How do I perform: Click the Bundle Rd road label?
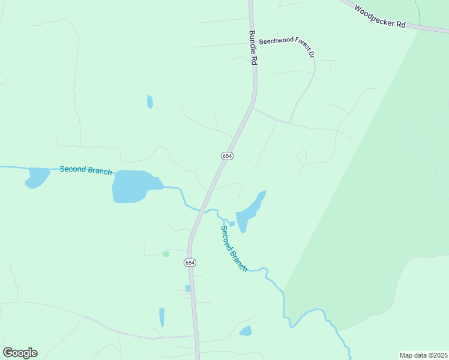click(253, 48)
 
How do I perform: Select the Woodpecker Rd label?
click(379, 17)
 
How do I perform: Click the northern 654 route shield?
click(227, 155)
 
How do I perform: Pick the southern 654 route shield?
click(190, 263)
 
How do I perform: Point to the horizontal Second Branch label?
click(85, 170)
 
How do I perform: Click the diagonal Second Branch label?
click(234, 248)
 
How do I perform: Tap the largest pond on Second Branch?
click(133, 186)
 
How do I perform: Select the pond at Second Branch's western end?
click(37, 177)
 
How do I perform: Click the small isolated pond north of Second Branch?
click(149, 102)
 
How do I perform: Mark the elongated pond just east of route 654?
click(249, 211)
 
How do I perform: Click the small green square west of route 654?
click(166, 254)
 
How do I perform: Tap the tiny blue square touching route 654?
click(188, 289)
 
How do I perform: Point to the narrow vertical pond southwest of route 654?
click(161, 317)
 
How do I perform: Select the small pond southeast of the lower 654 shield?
click(246, 331)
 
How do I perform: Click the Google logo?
click(20, 353)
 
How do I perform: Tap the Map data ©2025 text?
click(423, 355)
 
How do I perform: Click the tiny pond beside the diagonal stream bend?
click(232, 224)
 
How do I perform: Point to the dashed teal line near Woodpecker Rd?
click(418, 13)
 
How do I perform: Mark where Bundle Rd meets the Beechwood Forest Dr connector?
click(253, 108)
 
